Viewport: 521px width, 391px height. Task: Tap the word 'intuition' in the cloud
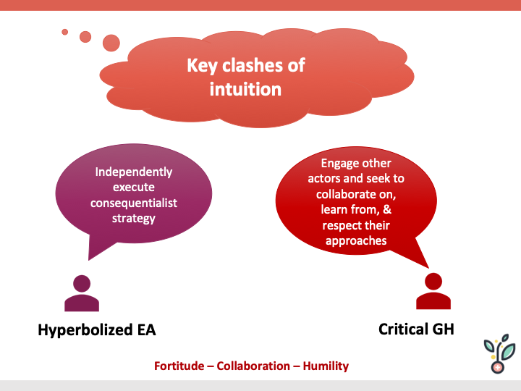pos(245,89)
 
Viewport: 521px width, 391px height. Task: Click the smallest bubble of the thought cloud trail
pos(64,32)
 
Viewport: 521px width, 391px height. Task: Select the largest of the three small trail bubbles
pos(111,43)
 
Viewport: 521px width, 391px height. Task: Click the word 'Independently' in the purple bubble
pos(134,172)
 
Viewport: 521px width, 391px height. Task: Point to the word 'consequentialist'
pos(134,203)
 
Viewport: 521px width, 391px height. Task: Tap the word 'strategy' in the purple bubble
pos(134,218)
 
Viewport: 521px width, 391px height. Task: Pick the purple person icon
pos(82,293)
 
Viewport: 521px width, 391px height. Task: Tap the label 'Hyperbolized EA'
pos(96,330)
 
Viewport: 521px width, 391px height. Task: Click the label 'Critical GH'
pos(416,329)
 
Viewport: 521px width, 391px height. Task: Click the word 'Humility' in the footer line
pos(325,366)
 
